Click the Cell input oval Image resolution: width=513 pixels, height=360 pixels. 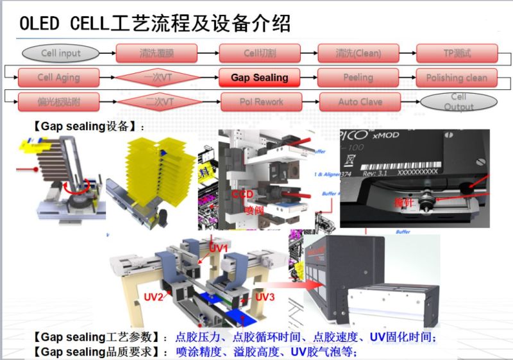(x=61, y=53)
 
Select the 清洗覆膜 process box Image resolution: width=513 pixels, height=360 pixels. (x=157, y=53)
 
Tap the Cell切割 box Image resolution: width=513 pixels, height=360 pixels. (x=260, y=53)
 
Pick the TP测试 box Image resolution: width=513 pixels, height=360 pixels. (x=457, y=53)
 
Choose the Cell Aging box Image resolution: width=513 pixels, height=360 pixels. (x=58, y=78)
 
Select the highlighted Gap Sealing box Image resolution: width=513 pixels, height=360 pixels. (x=260, y=78)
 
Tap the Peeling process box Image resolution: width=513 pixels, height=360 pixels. (x=358, y=78)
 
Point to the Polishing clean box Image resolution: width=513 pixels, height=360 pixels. (x=457, y=78)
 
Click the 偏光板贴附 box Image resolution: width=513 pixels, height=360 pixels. (x=58, y=101)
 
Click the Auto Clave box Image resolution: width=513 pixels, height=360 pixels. (x=360, y=101)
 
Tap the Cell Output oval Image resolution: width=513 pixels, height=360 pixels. (x=458, y=101)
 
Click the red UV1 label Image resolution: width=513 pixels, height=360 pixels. (x=219, y=247)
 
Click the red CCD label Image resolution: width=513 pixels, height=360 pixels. (x=241, y=193)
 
